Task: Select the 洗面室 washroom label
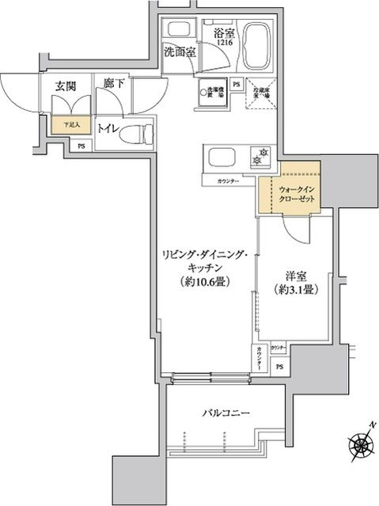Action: coord(180,52)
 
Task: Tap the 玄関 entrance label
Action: coord(66,87)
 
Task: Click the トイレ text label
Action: coord(107,127)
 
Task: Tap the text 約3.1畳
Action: coord(296,290)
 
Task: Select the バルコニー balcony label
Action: coord(225,413)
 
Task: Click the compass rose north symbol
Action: coord(360,443)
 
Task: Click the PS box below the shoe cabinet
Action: coord(82,145)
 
